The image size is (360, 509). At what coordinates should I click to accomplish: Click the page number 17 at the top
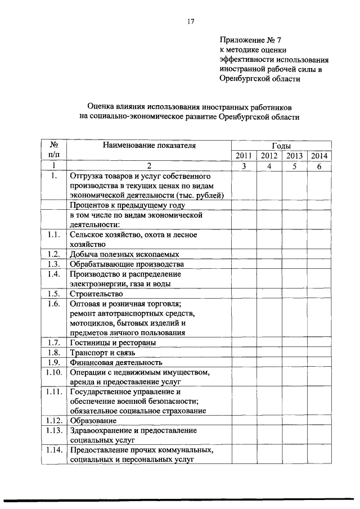pyautogui.click(x=190, y=22)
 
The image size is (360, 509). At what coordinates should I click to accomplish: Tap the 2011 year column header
pyautogui.click(x=244, y=156)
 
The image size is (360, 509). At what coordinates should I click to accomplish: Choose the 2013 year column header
pyautogui.click(x=294, y=156)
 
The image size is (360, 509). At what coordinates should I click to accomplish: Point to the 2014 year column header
pyautogui.click(x=319, y=156)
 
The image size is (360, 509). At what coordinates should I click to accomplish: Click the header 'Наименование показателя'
pyautogui.click(x=148, y=145)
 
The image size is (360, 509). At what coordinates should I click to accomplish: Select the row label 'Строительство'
pyautogui.click(x=96, y=294)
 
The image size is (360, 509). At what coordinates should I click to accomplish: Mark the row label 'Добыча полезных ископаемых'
pyautogui.click(x=124, y=254)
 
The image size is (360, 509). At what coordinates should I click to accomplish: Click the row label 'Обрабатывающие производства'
pyautogui.click(x=127, y=264)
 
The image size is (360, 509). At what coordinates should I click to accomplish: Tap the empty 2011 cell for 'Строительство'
pyautogui.click(x=244, y=294)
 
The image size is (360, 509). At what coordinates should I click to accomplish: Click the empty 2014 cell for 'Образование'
pyautogui.click(x=319, y=421)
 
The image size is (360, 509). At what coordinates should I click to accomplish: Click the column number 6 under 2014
pyautogui.click(x=319, y=166)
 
